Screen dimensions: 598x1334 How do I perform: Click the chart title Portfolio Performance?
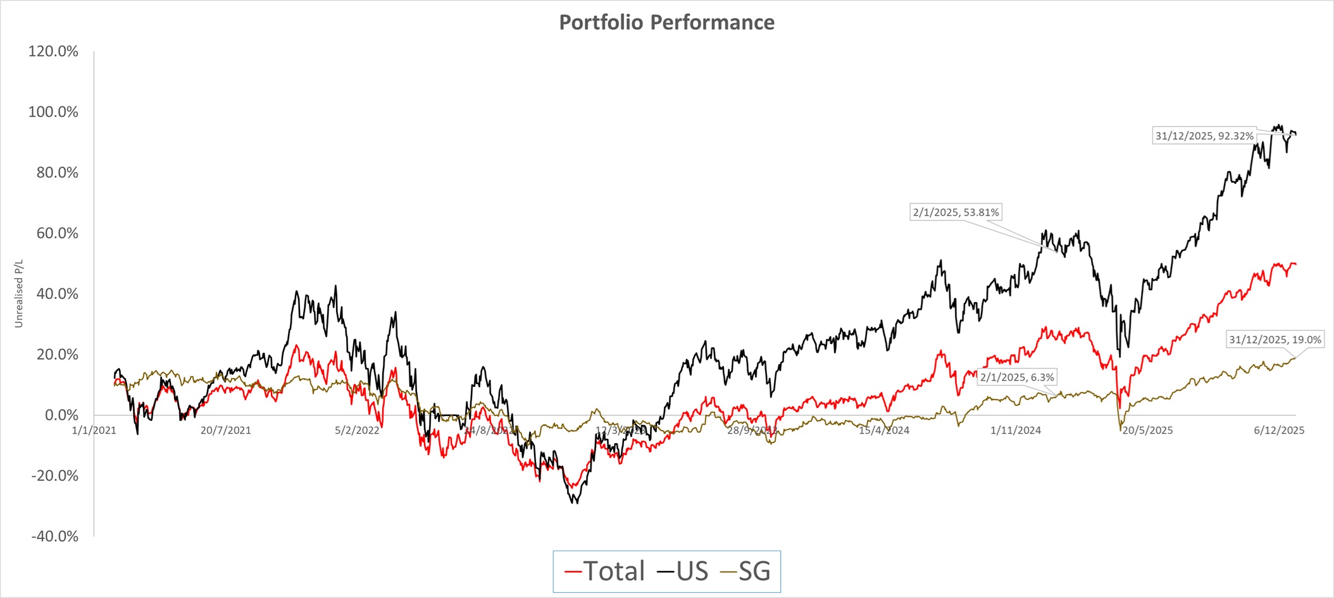666,23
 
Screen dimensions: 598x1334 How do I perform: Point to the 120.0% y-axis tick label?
53,52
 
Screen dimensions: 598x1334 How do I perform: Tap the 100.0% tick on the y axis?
53,113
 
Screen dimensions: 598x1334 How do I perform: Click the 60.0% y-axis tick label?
57,233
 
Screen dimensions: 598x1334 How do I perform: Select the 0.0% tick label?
61,415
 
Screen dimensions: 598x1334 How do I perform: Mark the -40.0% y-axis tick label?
55,537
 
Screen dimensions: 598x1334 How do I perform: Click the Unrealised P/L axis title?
19,293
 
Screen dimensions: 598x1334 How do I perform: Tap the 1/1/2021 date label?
94,430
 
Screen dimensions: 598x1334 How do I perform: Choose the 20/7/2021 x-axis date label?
225,430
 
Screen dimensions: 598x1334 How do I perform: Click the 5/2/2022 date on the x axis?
357,430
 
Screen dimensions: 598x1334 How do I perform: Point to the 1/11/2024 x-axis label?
1015,430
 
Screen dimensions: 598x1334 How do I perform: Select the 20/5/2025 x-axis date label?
1147,430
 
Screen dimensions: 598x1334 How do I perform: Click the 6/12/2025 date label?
1279,430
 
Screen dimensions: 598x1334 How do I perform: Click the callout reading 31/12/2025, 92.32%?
1204,136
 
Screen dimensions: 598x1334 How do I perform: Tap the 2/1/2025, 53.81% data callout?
956,212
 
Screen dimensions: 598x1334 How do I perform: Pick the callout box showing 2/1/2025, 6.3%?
1017,377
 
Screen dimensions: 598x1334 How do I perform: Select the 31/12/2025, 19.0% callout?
1275,339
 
